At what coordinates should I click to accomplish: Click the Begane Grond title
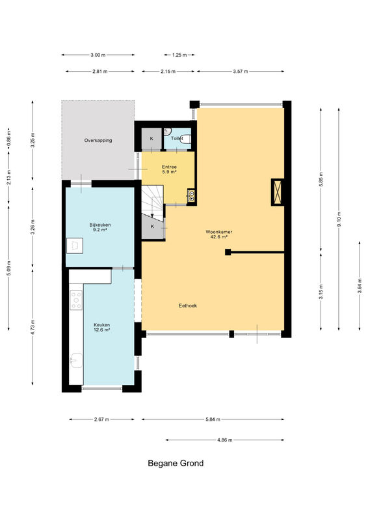click(176, 463)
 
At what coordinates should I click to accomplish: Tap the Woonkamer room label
click(218, 234)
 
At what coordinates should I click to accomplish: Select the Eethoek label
click(188, 305)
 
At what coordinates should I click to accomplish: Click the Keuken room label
click(101, 328)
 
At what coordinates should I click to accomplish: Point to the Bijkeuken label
click(100, 227)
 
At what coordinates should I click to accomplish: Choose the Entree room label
click(169, 169)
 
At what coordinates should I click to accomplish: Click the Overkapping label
click(98, 140)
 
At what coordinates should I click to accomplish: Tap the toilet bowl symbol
click(186, 139)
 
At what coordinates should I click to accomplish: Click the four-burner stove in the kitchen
click(76, 300)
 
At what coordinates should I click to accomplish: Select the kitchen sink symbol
click(77, 360)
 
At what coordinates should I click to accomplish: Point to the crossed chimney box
click(278, 192)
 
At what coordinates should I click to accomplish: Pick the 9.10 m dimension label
click(339, 219)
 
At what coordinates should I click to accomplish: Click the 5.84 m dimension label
click(213, 419)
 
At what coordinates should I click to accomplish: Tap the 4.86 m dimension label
click(225, 440)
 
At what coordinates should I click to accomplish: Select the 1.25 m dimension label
click(179, 55)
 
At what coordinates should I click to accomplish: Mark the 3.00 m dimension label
click(98, 55)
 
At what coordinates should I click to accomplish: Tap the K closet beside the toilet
click(151, 139)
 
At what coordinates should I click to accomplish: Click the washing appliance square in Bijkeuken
click(75, 246)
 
